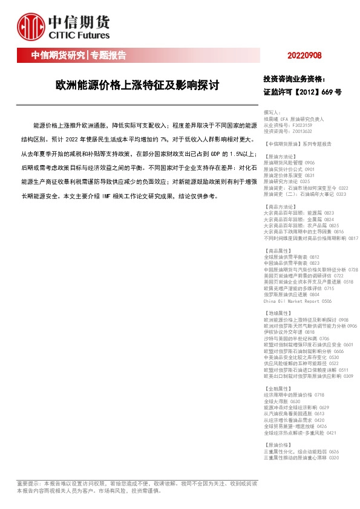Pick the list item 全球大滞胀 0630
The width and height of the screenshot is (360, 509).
[282, 401]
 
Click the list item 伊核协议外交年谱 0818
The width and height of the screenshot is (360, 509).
[289, 332]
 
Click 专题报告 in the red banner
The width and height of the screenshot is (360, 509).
[108, 56]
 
